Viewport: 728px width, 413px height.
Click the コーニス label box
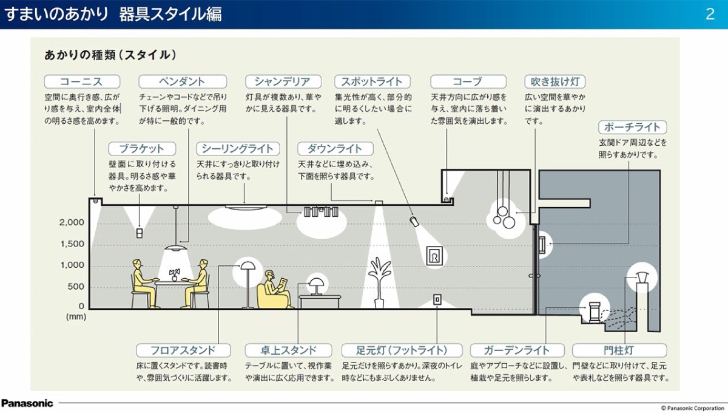(82, 82)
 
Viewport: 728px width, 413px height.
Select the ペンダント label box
(183, 82)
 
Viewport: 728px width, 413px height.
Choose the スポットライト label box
(372, 82)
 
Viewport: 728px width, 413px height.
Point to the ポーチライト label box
(633, 128)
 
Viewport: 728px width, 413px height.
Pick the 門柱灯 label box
(619, 350)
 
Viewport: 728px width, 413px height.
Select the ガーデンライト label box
(517, 350)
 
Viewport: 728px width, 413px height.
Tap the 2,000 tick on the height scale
(72, 223)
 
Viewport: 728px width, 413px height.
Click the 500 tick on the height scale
(76, 287)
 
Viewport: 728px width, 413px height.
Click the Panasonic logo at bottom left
(27, 403)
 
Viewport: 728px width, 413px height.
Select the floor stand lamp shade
(247, 265)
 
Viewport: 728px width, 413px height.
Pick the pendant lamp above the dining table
(176, 247)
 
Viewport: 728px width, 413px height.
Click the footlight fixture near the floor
(436, 299)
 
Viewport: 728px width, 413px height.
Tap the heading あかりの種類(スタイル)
(110, 55)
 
